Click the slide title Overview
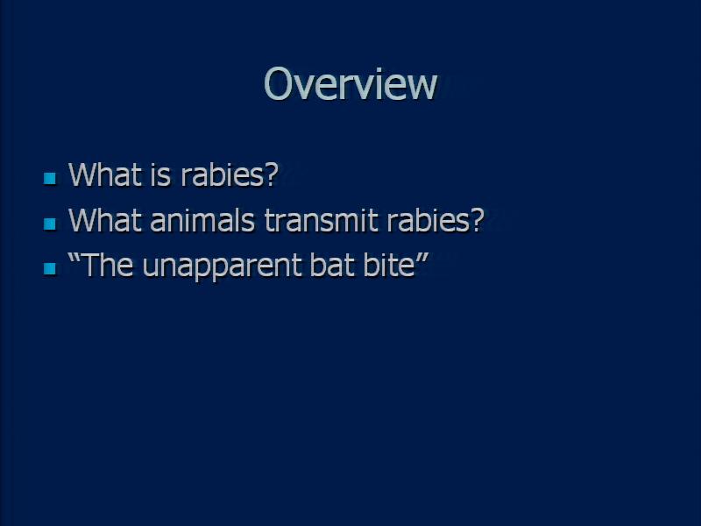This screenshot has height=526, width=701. point(350,83)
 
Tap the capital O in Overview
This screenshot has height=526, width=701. point(279,83)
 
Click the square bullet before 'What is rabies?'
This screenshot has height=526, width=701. point(50,178)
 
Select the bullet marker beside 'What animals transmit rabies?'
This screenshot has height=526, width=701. point(50,224)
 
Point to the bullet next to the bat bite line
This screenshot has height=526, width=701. point(50,268)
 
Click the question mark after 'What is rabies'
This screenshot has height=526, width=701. point(271,174)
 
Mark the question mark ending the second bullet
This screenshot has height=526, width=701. point(476,220)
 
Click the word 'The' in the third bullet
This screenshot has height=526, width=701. point(108,265)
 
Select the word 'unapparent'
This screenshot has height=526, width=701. point(222,267)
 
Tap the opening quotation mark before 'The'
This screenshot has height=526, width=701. point(74,258)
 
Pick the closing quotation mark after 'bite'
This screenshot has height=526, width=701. point(422,258)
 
